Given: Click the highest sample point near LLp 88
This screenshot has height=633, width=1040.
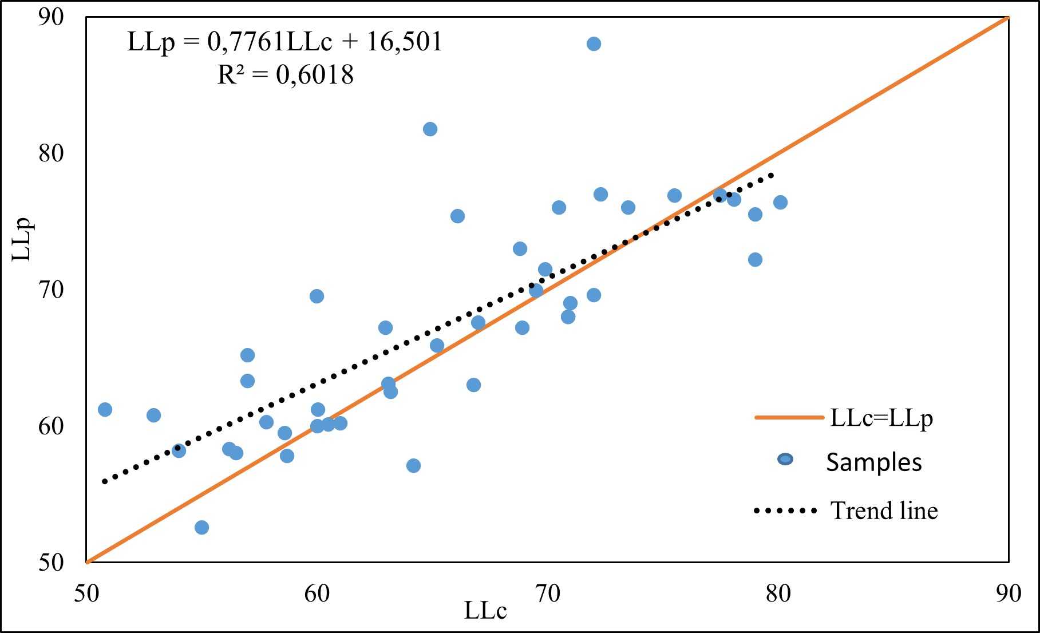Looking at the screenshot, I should point(594,44).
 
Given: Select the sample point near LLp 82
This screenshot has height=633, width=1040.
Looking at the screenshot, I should point(430,129).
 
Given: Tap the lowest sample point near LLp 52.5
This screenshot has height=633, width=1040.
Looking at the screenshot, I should point(201,527).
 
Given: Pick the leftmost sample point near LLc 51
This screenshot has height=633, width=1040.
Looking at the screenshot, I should point(105,409).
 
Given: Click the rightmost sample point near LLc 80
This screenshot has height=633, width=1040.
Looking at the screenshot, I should point(780,202).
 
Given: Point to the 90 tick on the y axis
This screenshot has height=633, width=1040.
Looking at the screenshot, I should point(52,17).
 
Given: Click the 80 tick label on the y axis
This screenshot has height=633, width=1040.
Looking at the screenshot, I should point(52,153).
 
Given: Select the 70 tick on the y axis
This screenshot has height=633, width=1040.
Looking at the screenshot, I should point(52,290).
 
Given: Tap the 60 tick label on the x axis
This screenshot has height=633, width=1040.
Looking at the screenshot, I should point(317,594).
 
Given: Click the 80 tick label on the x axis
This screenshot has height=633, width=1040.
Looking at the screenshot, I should point(778,594).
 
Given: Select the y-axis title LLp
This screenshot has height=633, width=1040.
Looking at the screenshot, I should point(23,240).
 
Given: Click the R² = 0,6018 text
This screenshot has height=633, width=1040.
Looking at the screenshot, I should point(285,75).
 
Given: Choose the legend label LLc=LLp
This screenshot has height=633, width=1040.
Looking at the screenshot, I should point(881,418).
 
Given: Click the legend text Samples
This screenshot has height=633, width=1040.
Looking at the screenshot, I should point(874,462).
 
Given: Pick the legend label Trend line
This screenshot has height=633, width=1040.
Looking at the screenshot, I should point(884,511).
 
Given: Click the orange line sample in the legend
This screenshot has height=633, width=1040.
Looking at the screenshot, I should point(789,418).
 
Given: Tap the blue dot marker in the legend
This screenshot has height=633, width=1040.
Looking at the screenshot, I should point(786,459).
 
